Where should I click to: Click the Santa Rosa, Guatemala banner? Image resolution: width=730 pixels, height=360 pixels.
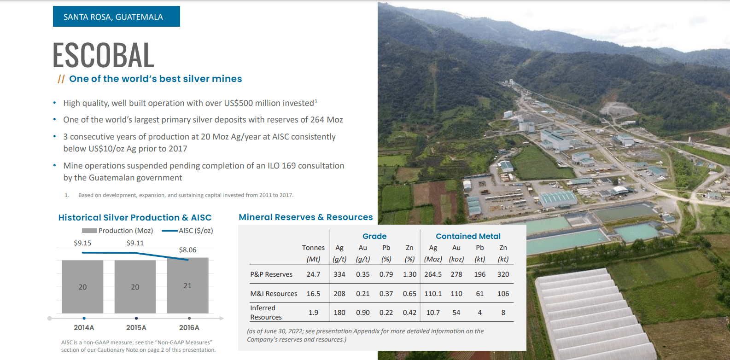pyautogui.click(x=116, y=17)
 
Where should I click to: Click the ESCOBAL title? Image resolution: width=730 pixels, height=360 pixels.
pyautogui.click(x=103, y=55)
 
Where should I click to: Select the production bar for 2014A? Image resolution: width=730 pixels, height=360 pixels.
pyautogui.click(x=82, y=286)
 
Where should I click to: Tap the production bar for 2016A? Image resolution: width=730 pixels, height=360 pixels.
pyautogui.click(x=187, y=285)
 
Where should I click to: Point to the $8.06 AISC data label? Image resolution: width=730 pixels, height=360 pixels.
pyautogui.click(x=187, y=250)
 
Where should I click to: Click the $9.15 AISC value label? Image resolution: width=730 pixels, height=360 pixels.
pyautogui.click(x=82, y=243)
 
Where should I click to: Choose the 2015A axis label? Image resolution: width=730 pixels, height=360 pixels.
pyautogui.click(x=136, y=328)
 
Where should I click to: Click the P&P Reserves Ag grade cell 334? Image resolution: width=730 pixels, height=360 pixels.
pyautogui.click(x=339, y=274)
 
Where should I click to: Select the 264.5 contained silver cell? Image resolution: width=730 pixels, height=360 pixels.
pyautogui.click(x=433, y=274)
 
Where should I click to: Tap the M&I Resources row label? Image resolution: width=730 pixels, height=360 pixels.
pyautogui.click(x=274, y=294)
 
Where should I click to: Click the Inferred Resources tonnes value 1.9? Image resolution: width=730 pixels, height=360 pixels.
pyautogui.click(x=313, y=313)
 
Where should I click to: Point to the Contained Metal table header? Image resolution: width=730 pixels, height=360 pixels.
pyautogui.click(x=468, y=236)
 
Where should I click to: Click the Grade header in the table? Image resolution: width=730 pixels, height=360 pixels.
pyautogui.click(x=374, y=236)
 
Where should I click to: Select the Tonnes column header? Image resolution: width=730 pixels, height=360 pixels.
pyautogui.click(x=313, y=248)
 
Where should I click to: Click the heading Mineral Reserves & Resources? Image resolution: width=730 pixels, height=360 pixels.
pyautogui.click(x=305, y=217)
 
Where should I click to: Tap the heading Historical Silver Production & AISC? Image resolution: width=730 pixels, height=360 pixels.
pyautogui.click(x=134, y=218)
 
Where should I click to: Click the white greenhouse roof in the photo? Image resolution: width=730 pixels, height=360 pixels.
pyautogui.click(x=590, y=313)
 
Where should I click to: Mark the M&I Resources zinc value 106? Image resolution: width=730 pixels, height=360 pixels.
pyautogui.click(x=503, y=294)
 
